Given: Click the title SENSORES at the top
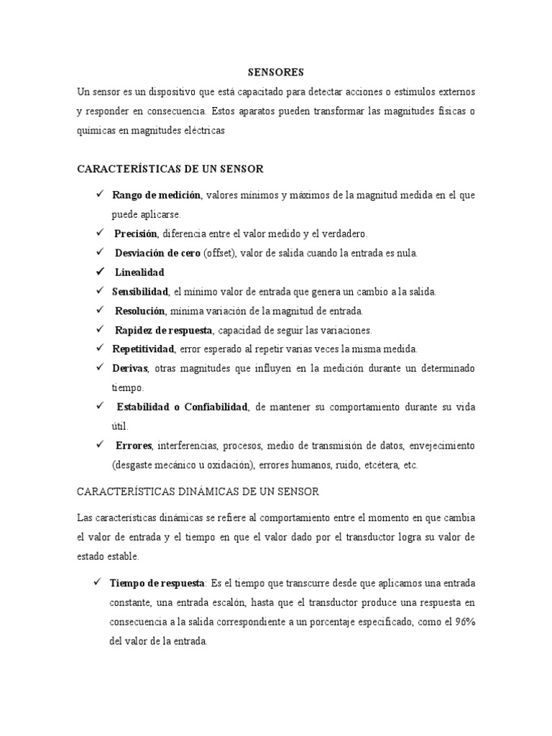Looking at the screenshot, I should point(276,72).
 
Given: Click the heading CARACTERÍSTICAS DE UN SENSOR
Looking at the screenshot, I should point(170,169).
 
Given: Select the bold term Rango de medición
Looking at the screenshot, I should point(156,195).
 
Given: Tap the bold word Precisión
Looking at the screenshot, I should point(137,234).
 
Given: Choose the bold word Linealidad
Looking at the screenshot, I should point(139,272).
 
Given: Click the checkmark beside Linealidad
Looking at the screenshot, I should point(98,272).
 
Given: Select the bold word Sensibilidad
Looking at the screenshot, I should point(140,291).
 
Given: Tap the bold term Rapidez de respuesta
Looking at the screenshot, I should point(163,330).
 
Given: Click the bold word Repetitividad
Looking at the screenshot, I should point(143,349).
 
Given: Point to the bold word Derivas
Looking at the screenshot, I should point(129,368).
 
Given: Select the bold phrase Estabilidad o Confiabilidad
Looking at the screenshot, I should point(183,407).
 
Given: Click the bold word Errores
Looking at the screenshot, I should point(134,446).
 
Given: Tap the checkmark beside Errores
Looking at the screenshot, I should point(98,445).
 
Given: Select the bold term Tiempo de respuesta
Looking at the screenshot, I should point(157,582).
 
